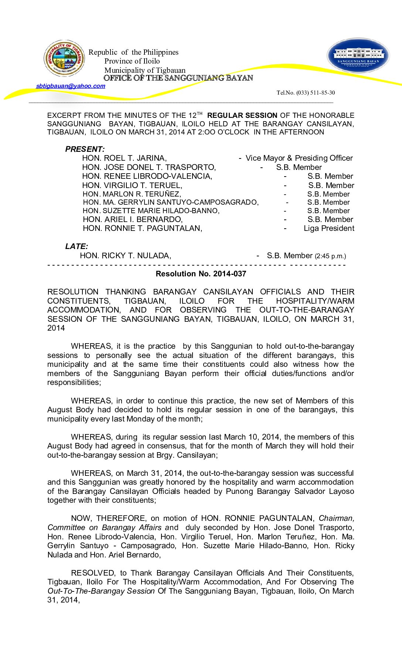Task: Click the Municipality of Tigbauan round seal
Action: (64, 58)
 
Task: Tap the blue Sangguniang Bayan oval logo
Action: (358, 55)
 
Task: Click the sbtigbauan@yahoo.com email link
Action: (71, 86)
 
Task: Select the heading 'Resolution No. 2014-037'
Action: (201, 274)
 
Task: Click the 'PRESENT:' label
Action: (85, 149)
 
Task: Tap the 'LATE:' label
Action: (76, 246)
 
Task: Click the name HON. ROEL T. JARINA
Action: (124, 158)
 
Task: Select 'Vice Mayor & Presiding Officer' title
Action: (299, 158)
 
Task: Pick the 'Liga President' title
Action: (329, 228)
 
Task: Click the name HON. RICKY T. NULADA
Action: (125, 256)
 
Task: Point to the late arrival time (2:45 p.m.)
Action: (330, 256)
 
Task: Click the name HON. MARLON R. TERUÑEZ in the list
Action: (132, 194)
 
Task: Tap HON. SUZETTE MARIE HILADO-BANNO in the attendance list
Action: (151, 211)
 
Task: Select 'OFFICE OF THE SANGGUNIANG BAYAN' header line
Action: (178, 78)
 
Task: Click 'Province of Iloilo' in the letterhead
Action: (132, 61)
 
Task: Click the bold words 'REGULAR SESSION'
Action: (242, 116)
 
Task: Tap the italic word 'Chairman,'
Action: (336, 519)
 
